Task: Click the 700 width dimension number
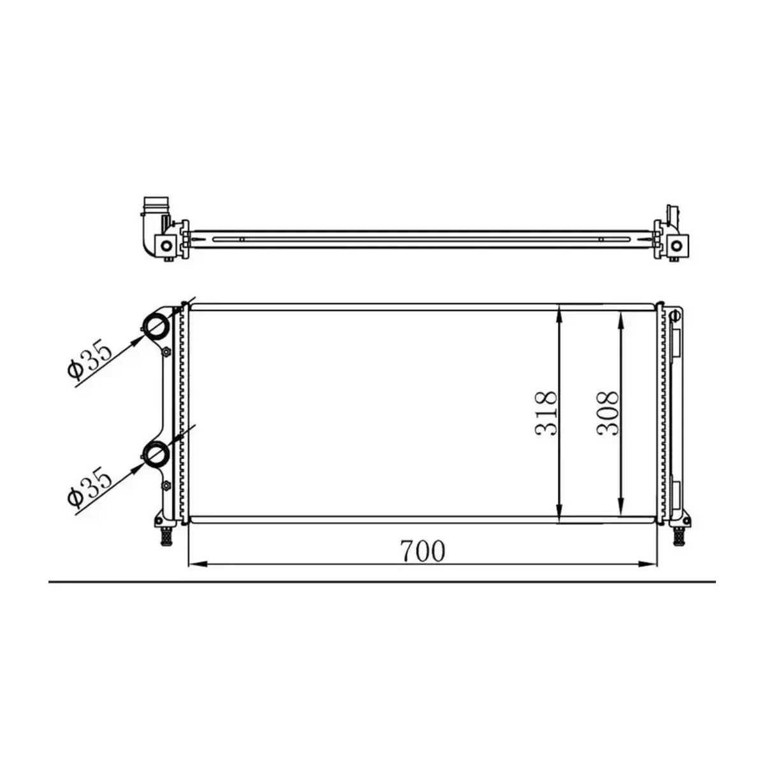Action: (423, 551)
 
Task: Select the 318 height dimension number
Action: (546, 413)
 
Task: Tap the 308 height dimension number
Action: (608, 413)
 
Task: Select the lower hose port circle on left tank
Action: (156, 453)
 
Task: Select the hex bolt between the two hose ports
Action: (167, 354)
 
